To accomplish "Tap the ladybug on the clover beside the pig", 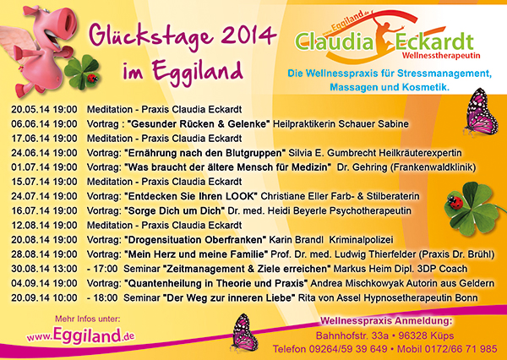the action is tap(93, 78).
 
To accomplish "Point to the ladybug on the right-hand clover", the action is tap(455, 202).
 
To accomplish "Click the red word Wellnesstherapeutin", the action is tap(441, 56).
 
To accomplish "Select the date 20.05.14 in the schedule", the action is tap(30, 109).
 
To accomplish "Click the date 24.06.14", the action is tap(30, 153).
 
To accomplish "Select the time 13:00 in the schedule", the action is tap(65, 269).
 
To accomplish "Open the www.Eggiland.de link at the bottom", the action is tap(80, 335).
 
